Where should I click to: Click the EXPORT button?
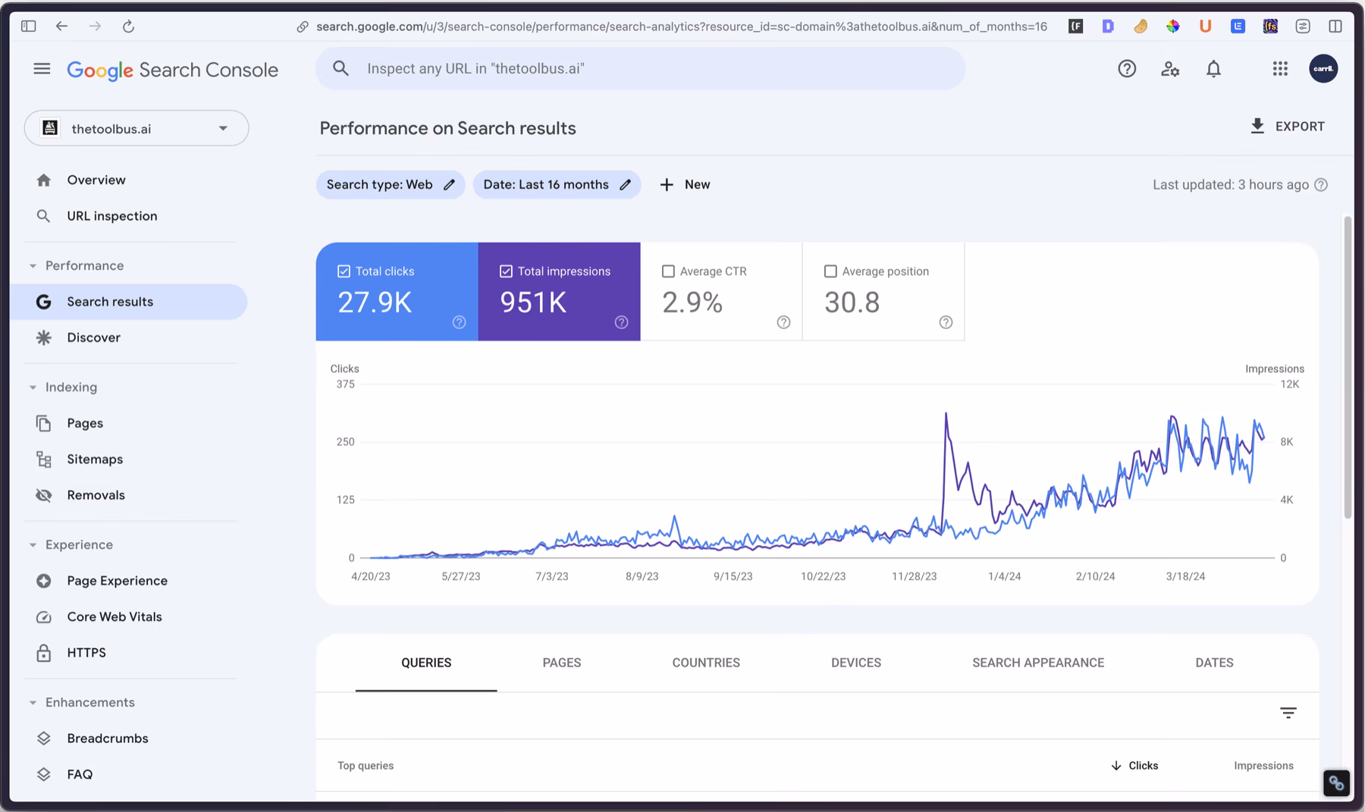(1287, 127)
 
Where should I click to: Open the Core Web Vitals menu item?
(114, 616)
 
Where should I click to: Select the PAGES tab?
(561, 663)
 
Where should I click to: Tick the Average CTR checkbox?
(668, 271)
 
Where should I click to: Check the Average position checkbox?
(830, 271)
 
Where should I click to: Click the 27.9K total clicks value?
(375, 303)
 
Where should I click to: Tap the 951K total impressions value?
(533, 303)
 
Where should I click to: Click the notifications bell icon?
(1213, 69)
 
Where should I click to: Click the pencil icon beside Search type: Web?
(449, 185)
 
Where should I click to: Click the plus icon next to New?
(667, 185)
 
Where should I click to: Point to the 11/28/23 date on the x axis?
(914, 576)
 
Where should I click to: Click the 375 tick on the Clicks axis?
(345, 384)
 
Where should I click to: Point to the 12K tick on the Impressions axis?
(1289, 384)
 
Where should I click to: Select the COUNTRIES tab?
(705, 663)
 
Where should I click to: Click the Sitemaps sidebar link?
(95, 459)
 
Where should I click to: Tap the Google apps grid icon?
(1280, 69)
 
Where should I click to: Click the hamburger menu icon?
(42, 69)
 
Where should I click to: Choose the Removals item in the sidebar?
(96, 495)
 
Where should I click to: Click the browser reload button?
(128, 27)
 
